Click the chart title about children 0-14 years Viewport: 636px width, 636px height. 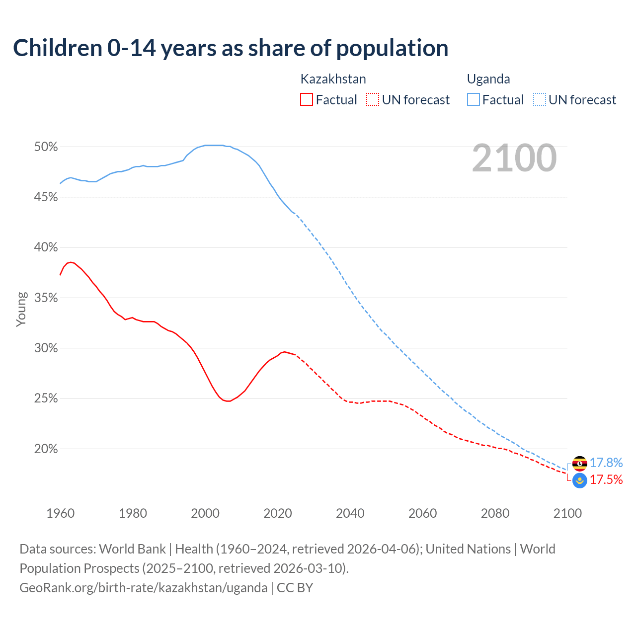pos(231,48)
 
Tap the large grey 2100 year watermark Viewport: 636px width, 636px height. pos(514,158)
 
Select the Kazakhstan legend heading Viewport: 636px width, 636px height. pos(333,79)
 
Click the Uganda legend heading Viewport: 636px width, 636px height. pos(488,79)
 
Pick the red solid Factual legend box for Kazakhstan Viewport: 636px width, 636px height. pos(307,100)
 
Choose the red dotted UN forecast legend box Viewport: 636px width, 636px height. pos(373,100)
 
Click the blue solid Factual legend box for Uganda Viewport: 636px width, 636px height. pos(474,100)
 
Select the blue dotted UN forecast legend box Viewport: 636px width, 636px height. pos(540,100)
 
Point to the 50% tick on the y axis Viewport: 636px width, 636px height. pos(46,147)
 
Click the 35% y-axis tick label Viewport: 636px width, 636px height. pos(46,298)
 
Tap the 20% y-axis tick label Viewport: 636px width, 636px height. pos(46,449)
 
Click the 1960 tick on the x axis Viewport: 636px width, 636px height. pos(61,513)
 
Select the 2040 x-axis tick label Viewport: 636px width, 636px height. pos(350,513)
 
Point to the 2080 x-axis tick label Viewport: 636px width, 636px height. pos(495,513)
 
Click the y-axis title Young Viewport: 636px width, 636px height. pos(21,309)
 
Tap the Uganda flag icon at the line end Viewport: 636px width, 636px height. pos(580,463)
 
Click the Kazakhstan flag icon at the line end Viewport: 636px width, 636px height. pos(580,480)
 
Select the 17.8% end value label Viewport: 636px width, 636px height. pos(606,463)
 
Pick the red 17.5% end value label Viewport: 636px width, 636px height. pos(606,480)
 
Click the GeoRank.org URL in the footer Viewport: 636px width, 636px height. pos(143,588)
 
